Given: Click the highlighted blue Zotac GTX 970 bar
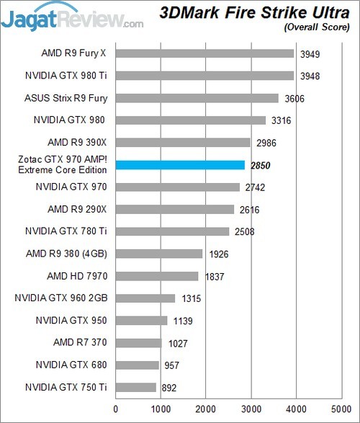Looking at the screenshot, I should coord(180,165).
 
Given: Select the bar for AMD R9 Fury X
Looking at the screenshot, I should coord(204,53).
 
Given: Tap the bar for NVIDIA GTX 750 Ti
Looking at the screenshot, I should coord(135,387).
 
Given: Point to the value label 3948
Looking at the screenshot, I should coord(309,76).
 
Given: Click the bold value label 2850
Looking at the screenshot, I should coord(261,165).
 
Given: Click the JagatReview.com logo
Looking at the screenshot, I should coord(72,16).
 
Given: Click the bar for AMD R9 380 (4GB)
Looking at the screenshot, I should coord(159,254).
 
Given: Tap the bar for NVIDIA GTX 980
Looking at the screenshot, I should coord(191,120).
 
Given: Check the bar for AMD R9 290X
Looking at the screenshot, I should coord(175,209).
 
